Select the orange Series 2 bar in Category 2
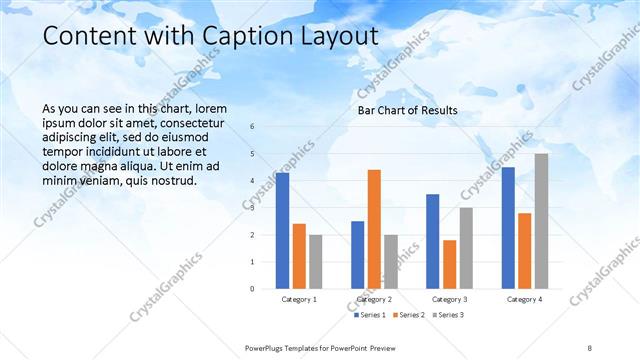point(374,229)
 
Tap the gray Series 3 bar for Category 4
point(541,221)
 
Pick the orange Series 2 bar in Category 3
point(450,264)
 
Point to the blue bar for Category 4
point(508,228)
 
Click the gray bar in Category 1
point(315,262)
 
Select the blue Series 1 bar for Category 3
point(432,241)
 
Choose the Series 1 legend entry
point(368,315)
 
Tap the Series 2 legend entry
point(405,315)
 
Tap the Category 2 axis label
point(374,299)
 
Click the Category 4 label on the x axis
point(524,299)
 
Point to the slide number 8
point(589,347)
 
